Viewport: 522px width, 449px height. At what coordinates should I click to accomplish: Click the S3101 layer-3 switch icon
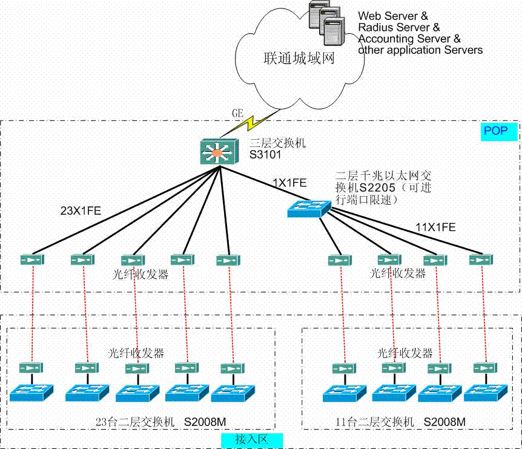[x=219, y=152]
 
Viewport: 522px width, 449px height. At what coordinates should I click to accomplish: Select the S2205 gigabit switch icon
[x=309, y=209]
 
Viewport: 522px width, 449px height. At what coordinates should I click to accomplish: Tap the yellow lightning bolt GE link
[x=249, y=123]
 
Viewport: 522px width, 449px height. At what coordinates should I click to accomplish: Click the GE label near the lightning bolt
[x=238, y=113]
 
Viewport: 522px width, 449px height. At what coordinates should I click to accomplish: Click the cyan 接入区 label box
[x=252, y=440]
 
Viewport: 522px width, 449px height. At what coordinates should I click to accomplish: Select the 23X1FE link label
[x=81, y=211]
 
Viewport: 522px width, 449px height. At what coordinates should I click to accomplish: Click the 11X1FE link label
[x=435, y=227]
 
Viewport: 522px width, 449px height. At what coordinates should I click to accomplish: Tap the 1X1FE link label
[x=289, y=183]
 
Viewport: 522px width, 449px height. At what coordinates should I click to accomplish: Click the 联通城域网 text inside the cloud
[x=299, y=58]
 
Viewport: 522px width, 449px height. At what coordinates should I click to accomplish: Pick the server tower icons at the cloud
[x=327, y=22]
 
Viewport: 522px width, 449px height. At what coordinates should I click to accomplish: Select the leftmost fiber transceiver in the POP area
[x=32, y=260]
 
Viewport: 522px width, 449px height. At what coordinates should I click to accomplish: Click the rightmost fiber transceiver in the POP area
[x=481, y=260]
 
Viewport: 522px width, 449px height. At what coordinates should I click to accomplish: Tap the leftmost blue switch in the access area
[x=31, y=393]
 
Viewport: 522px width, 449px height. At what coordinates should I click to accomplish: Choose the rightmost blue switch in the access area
[x=486, y=393]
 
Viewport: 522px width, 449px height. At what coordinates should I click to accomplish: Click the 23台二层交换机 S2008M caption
[x=161, y=422]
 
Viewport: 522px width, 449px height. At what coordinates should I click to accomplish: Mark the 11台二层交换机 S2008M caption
[x=400, y=422]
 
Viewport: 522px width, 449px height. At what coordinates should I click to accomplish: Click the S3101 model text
[x=265, y=155]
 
